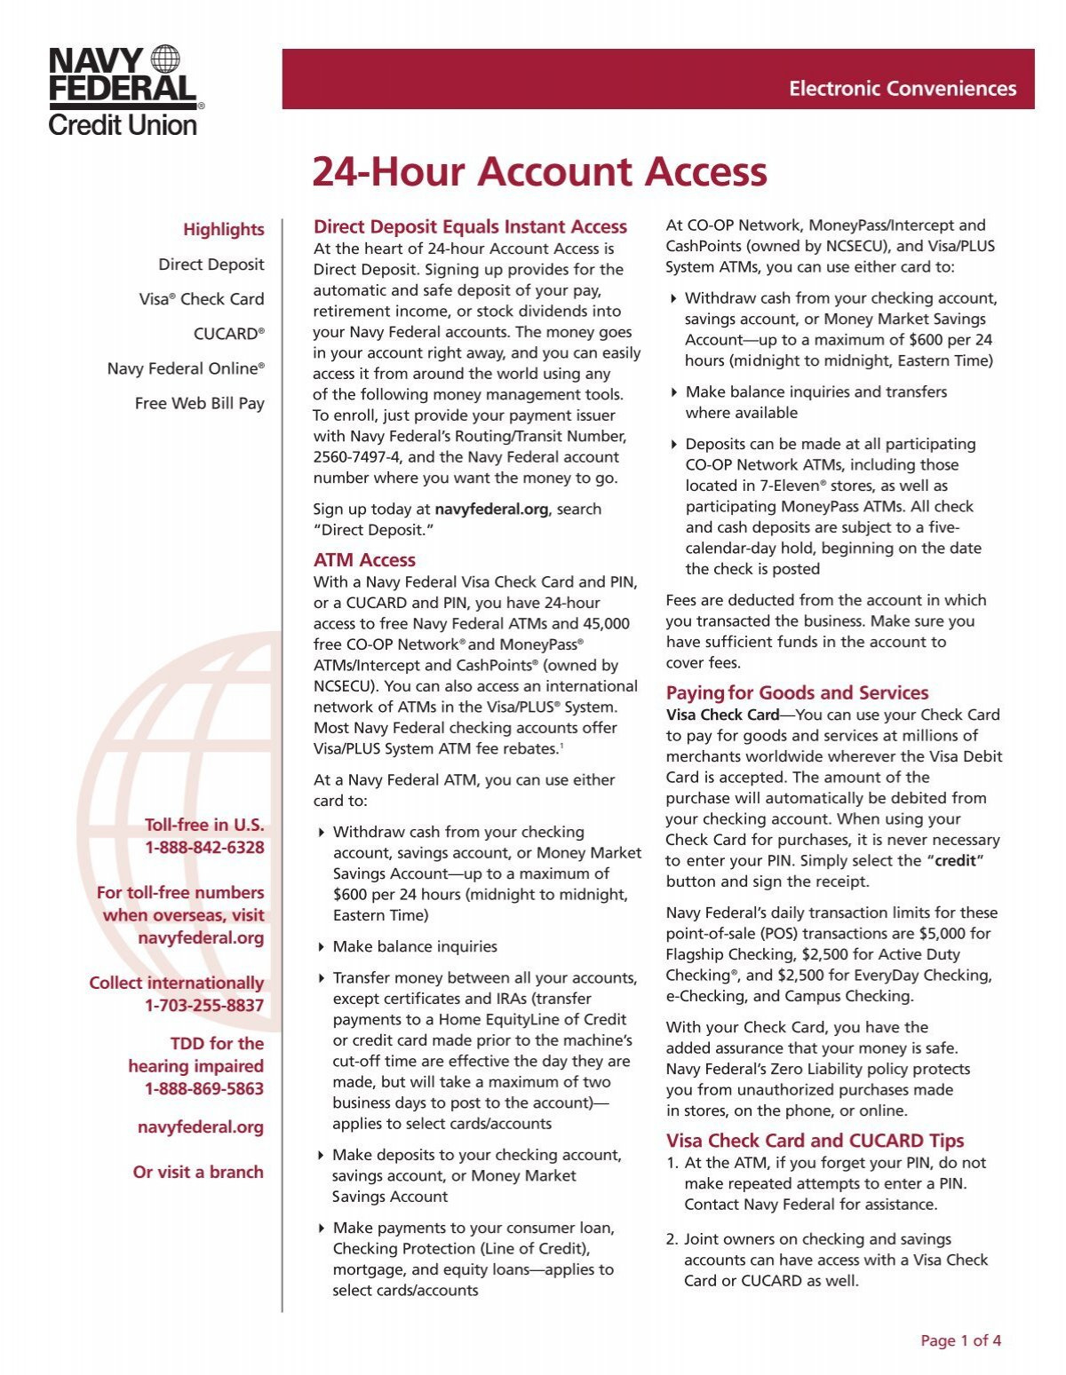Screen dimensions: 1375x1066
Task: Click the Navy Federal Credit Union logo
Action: [x=125, y=91]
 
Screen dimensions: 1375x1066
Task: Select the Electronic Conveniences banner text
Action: [x=902, y=89]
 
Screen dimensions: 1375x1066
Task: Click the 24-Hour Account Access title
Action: [x=539, y=171]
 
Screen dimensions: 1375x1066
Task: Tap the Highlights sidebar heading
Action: [x=223, y=230]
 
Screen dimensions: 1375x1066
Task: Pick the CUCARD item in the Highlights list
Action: [x=228, y=334]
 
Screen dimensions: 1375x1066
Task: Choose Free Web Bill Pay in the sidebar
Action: [x=199, y=403]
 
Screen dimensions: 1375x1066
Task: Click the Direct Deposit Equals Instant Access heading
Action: [x=470, y=227]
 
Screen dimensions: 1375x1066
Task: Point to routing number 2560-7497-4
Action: [x=356, y=457]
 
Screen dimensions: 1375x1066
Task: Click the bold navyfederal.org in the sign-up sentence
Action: [x=491, y=510]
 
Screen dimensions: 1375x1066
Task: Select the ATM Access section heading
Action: [x=364, y=560]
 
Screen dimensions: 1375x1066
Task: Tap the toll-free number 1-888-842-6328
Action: [x=204, y=848]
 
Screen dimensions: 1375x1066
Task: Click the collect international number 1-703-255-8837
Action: [x=204, y=1006]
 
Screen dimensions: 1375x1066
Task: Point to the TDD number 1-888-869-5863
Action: [x=204, y=1089]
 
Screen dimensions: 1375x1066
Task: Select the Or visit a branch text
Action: [x=198, y=1173]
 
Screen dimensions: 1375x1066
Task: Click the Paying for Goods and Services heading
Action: [x=797, y=693]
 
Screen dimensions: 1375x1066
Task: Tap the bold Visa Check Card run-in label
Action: [x=722, y=715]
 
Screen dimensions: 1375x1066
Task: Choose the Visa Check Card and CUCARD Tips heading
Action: [x=815, y=1142]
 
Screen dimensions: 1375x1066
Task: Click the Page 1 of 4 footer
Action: [x=960, y=1341]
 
